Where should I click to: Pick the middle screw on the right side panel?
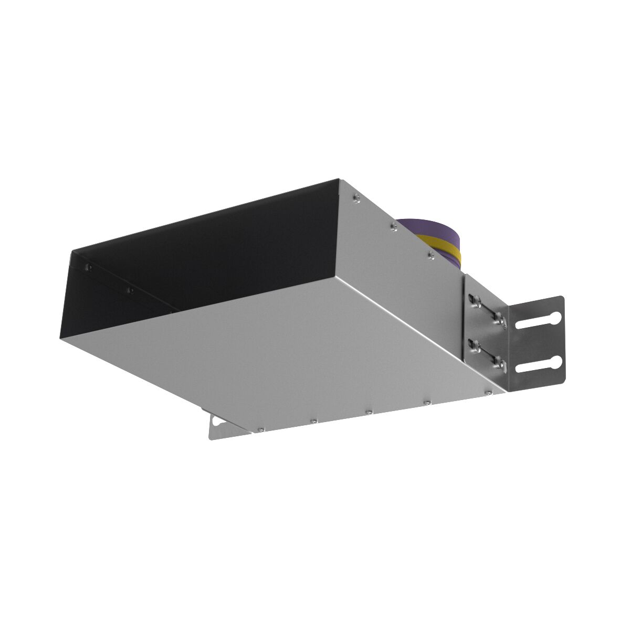(394, 226)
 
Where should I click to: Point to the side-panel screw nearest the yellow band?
(431, 255)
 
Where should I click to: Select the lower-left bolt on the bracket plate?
(475, 345)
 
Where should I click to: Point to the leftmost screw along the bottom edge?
(260, 429)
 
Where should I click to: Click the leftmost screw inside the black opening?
(88, 267)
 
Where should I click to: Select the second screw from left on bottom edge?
(313, 421)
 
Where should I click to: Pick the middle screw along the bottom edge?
(370, 412)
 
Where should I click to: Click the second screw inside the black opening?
(130, 290)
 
